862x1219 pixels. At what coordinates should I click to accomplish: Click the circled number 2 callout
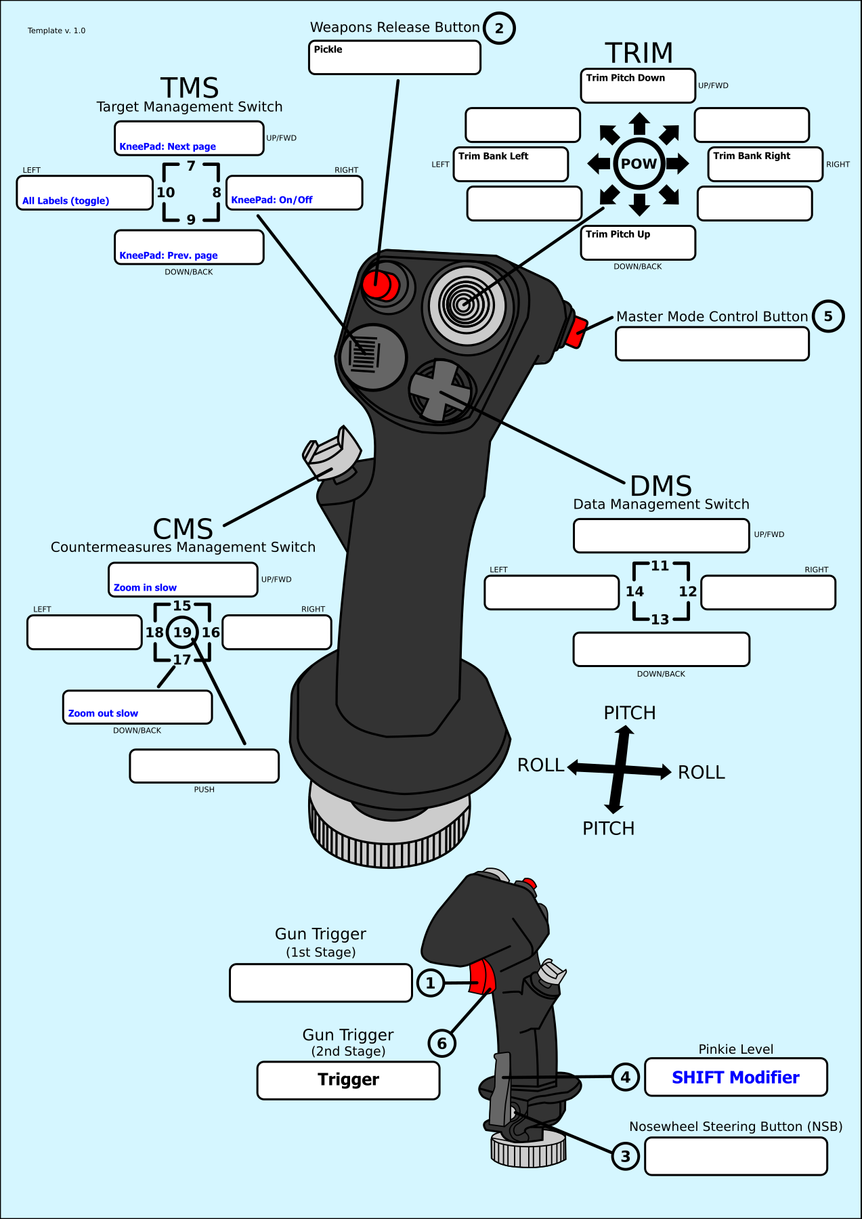499,28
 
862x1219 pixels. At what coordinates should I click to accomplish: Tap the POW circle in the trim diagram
639,164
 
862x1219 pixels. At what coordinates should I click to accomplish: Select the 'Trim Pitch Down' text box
638,86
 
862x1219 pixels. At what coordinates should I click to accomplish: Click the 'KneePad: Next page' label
168,146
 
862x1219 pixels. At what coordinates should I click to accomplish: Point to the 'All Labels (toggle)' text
66,200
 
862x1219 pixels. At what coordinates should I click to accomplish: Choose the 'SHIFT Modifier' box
735,1077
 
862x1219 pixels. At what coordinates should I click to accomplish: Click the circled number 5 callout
827,316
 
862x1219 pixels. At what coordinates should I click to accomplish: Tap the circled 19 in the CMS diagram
182,633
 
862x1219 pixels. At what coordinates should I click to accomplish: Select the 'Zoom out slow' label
103,713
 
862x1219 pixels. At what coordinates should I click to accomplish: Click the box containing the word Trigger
348,1080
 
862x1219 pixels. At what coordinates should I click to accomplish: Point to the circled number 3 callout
625,1156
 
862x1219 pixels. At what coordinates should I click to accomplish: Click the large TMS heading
190,88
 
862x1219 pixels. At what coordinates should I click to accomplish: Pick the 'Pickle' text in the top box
328,49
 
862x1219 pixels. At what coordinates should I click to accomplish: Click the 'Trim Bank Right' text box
764,165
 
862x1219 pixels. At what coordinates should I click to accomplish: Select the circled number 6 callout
441,1043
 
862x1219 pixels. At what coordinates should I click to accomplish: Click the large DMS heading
661,486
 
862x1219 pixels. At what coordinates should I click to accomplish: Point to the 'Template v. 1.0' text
57,30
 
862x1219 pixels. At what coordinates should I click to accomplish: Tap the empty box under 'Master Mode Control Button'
712,344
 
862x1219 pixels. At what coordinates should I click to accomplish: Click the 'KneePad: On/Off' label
272,200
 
